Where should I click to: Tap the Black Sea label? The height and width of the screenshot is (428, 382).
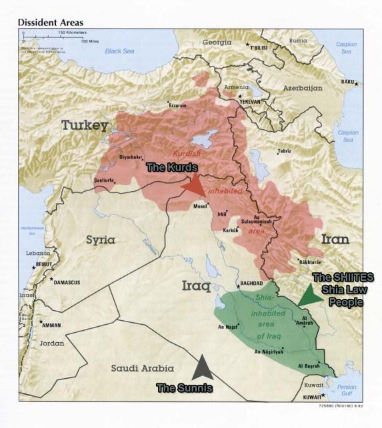[121, 51]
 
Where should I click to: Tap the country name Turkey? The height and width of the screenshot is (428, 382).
[85, 125]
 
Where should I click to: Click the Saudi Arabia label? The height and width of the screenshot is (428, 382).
[143, 368]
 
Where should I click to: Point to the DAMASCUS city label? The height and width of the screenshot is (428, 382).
[66, 282]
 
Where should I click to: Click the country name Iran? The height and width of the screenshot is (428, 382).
[335, 239]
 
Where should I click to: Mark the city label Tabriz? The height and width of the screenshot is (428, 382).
[285, 151]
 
